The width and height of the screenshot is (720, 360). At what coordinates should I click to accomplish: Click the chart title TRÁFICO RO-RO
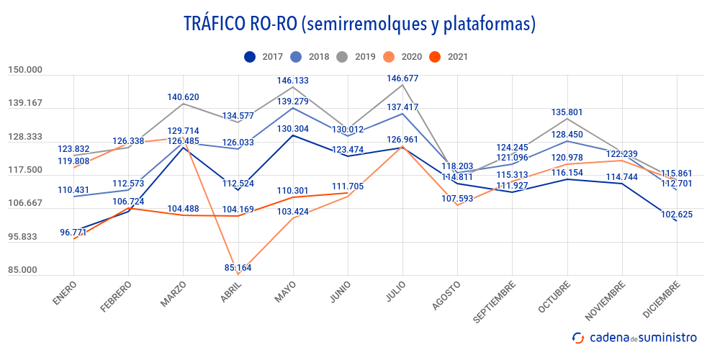359,24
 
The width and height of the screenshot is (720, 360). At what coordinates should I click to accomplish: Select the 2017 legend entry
264,56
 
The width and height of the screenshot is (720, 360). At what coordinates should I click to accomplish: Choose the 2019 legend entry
357,56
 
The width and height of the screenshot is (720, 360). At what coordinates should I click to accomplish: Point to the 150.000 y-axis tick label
25,70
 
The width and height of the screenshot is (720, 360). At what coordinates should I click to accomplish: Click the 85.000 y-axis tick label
25,270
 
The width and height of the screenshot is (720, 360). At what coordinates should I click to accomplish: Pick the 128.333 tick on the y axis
25,137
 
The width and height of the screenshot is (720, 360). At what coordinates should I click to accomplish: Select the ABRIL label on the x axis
230,294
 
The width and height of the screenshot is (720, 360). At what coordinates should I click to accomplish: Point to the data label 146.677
402,78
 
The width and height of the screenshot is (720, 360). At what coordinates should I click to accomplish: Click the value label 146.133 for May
292,81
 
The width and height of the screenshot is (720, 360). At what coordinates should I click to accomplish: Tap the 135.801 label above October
567,112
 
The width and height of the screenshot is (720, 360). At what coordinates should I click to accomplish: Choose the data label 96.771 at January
75,232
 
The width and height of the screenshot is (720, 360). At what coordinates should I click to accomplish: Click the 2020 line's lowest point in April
237,274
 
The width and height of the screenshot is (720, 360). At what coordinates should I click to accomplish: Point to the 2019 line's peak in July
402,85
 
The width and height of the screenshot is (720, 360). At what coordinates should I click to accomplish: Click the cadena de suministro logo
634,337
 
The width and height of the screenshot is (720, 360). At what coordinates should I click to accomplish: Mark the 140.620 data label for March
183,96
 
